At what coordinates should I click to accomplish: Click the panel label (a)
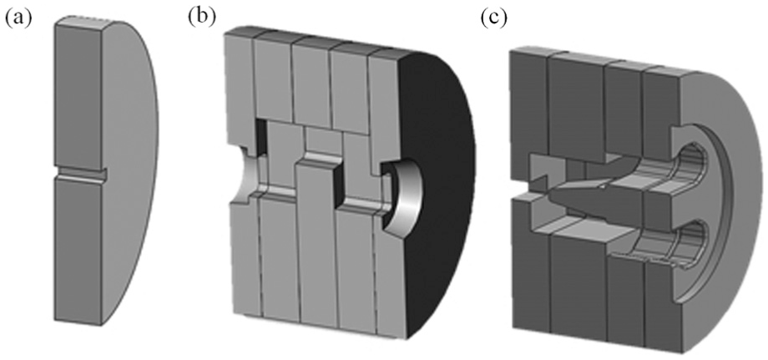coord(18,19)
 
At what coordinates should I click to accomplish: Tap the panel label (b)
coord(201,18)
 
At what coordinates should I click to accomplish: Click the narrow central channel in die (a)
coord(80,175)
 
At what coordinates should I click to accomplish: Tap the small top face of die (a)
coord(83,21)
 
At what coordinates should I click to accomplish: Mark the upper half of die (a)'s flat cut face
coord(78,95)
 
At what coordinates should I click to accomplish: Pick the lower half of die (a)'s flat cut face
coord(78,250)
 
